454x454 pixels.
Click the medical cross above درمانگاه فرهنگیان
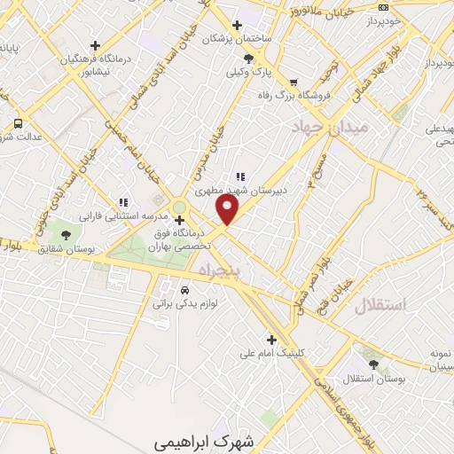point(95,45)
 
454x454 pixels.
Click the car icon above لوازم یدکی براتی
point(184,290)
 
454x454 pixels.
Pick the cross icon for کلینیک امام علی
point(272,339)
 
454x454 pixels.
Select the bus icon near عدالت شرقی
point(17,124)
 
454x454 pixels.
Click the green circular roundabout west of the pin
point(179,207)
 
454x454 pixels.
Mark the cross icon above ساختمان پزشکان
point(236,24)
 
